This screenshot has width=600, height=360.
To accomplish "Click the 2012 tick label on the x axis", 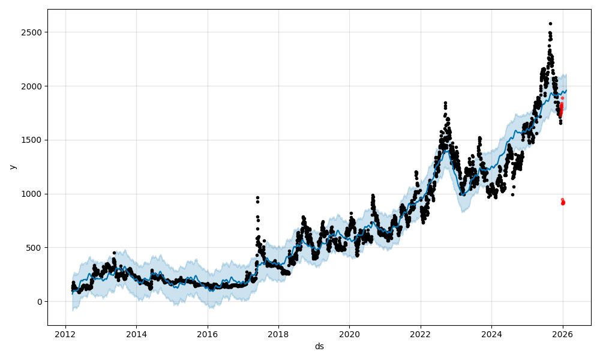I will coord(65,334).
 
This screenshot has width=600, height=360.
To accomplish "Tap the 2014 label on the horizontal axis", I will coord(136,334).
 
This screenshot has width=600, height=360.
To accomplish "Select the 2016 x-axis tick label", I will coord(207,334).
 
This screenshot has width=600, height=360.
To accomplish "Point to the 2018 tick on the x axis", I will coord(278,334).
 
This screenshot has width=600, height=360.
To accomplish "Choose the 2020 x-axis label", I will coord(349,334).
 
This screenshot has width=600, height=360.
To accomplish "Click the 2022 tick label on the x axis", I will coord(420,334).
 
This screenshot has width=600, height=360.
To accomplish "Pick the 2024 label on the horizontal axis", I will coord(491,334).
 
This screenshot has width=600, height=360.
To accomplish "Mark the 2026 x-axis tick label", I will coord(562,334).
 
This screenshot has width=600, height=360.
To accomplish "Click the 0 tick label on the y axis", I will coord(40,302).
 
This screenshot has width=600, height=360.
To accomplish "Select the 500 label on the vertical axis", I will coord(35,248).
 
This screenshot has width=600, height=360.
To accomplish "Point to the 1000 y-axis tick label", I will coord(32,194).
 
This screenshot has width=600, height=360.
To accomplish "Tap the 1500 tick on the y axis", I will coord(32,140).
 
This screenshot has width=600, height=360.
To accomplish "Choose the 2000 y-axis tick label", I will coord(32,86).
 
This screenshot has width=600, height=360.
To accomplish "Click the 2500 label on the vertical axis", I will coord(32,32).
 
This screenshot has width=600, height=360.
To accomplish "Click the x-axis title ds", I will coord(319,346).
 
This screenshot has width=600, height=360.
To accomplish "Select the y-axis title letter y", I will coord(11,167).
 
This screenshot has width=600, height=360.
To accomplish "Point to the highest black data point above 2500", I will coord(550,23).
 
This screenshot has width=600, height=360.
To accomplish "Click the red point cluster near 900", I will coord(563,202).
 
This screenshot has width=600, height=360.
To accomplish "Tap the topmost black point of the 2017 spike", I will coord(257,197).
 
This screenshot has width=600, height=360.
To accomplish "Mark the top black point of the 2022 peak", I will coord(445,103).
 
